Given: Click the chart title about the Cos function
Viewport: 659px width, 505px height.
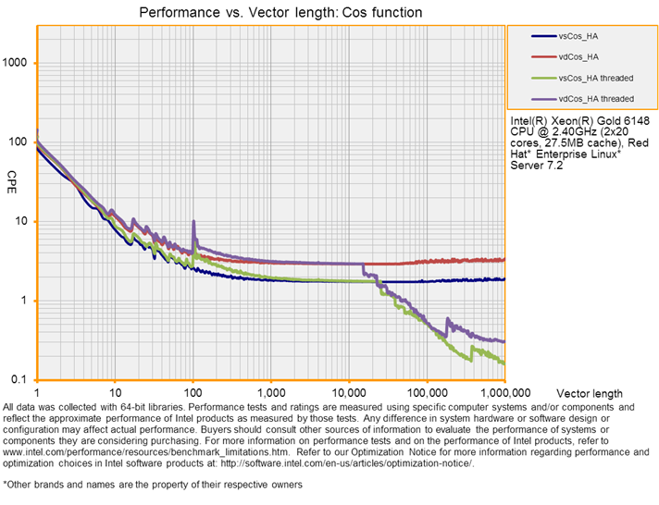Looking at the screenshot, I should [280, 13].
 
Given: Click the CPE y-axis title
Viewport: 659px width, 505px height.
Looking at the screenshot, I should [12, 176].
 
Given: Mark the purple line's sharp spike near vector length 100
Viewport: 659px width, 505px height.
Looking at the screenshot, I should [193, 223].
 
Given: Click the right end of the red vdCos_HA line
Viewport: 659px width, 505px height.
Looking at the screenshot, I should [504, 260].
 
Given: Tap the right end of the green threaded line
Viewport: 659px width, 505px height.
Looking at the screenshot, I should [504, 363].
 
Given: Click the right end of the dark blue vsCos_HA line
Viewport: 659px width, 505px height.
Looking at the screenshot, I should [504, 278].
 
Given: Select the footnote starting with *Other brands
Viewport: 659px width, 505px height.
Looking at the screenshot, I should [153, 484].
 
